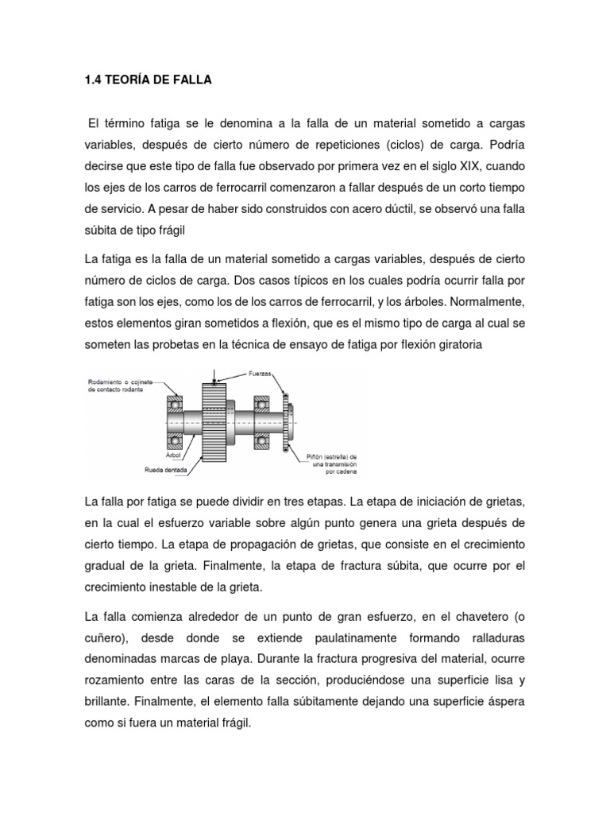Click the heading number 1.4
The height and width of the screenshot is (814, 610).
tap(93, 80)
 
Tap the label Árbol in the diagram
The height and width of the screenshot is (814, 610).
tap(174, 455)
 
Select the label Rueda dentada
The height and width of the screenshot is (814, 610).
tap(166, 469)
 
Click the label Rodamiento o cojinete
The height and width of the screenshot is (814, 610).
tap(120, 382)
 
